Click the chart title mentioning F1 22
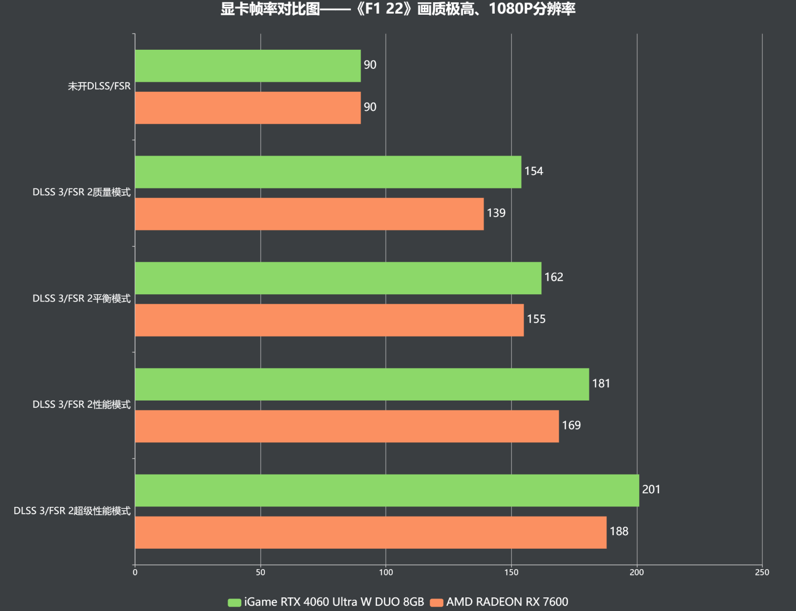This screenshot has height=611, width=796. [x=398, y=9]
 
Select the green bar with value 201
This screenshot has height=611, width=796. [x=387, y=490]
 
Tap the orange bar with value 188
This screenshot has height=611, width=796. [x=370, y=532]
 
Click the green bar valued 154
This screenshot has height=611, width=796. [x=328, y=172]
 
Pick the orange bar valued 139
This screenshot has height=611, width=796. [x=309, y=214]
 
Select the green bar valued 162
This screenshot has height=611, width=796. [x=338, y=278]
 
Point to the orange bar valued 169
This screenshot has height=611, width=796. [x=346, y=427]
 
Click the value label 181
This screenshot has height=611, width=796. [x=601, y=384]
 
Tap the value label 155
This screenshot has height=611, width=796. [x=536, y=319]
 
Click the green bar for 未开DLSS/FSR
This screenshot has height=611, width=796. [x=247, y=66]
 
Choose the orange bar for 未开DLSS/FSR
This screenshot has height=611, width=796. [x=247, y=108]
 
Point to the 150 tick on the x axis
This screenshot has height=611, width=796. [x=511, y=572]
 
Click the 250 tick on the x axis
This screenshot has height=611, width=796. [x=761, y=572]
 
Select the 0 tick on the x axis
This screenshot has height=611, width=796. [x=135, y=572]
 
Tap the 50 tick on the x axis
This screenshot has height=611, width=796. [x=260, y=572]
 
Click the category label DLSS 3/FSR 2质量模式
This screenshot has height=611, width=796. [x=82, y=192]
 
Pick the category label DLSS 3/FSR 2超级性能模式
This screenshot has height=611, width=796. [x=72, y=511]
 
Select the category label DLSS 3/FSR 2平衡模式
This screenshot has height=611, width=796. [x=82, y=299]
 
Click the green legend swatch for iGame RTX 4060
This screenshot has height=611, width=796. [x=234, y=603]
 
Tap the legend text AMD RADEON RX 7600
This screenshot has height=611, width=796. [x=507, y=602]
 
